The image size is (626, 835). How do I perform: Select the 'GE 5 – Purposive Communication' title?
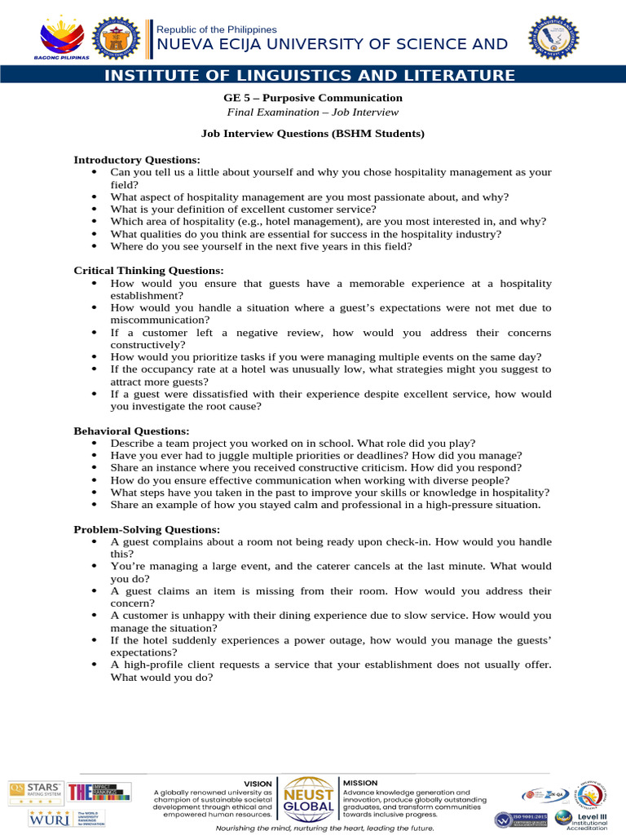[312, 98]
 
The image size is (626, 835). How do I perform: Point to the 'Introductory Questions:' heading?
[137, 160]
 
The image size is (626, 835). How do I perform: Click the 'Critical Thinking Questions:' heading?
[148, 270]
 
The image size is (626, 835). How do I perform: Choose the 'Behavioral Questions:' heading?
[131, 431]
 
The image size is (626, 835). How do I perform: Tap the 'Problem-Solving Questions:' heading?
[147, 529]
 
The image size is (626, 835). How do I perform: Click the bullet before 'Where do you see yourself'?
[96, 246]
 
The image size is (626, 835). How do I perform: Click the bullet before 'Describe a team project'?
[96, 443]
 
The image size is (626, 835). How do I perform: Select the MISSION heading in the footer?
[360, 783]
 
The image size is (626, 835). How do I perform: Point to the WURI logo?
[37, 818]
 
